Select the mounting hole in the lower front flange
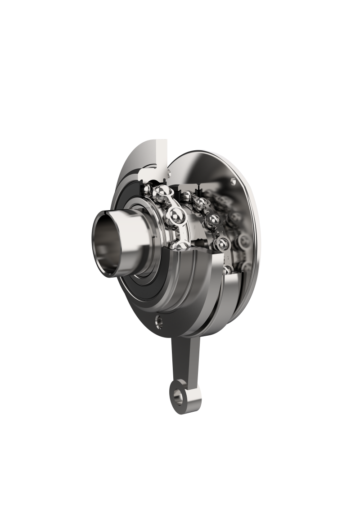[160, 320]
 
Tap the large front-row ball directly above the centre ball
[161, 194]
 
